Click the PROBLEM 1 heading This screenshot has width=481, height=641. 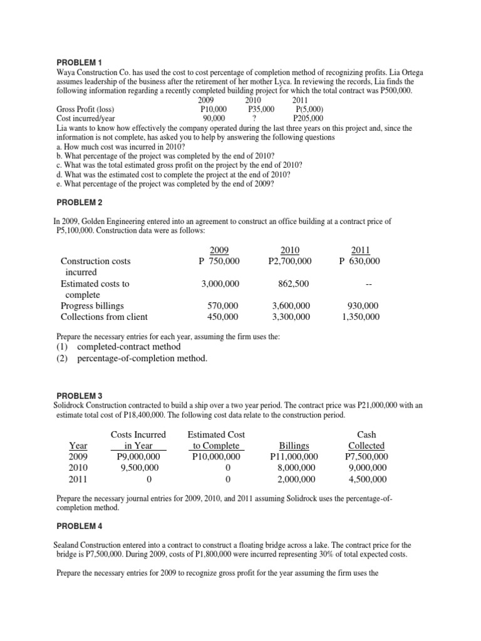(x=79, y=63)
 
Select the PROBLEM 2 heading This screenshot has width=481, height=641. (x=79, y=203)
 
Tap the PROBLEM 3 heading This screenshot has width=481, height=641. (x=79, y=396)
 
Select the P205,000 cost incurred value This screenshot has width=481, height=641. (x=308, y=117)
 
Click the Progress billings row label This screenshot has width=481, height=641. (x=92, y=305)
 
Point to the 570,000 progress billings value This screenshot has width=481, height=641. (x=223, y=305)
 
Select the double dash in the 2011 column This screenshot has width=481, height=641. (x=369, y=284)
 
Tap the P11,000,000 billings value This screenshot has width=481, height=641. (x=294, y=456)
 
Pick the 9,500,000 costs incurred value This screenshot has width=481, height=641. (x=138, y=468)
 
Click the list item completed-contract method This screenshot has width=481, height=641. (x=128, y=346)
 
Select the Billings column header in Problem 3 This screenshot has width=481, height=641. (x=294, y=446)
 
